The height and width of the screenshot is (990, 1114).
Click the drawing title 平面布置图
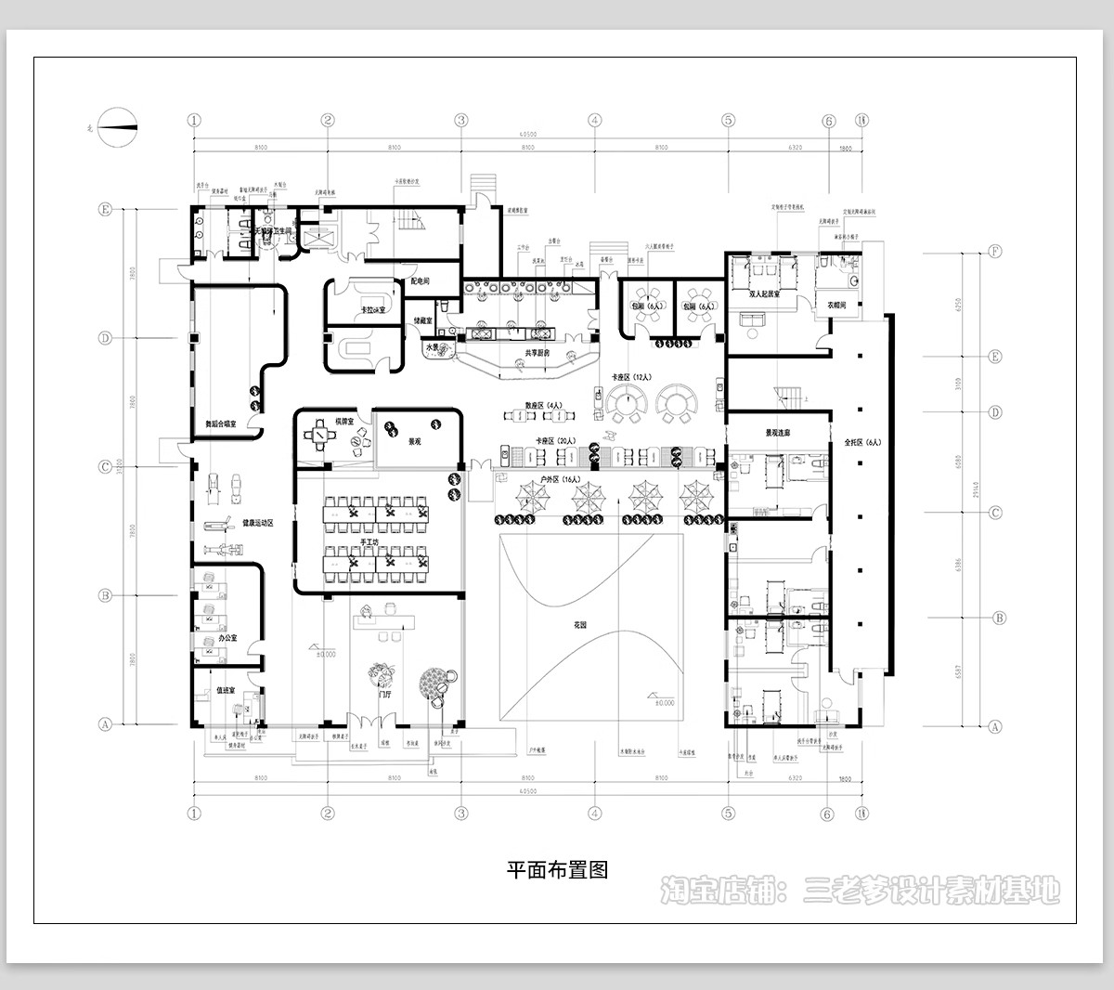[x=557, y=870]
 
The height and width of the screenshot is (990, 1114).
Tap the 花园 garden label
[x=580, y=626]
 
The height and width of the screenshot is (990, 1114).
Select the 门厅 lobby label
[x=378, y=694]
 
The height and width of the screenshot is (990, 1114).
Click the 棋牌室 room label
[x=322, y=420]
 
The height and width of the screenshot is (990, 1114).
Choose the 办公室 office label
[x=227, y=639]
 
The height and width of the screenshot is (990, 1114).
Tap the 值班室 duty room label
[x=226, y=690]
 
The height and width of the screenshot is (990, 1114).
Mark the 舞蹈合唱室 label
[x=221, y=423]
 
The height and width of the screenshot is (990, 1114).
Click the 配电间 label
[x=421, y=280]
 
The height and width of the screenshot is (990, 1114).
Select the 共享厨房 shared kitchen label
[x=538, y=353]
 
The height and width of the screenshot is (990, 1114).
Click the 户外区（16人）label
[x=560, y=479]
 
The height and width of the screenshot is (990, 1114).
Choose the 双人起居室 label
[x=765, y=293]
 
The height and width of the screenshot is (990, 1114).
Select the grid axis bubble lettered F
[x=996, y=251]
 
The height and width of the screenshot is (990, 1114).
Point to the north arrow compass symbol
[x=118, y=125]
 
